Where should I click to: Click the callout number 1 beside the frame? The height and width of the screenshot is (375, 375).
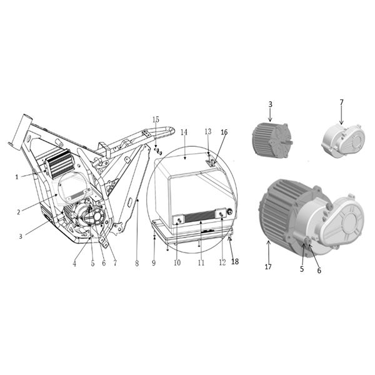tap(17, 177)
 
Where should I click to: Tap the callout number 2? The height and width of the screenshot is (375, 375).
tap(19, 212)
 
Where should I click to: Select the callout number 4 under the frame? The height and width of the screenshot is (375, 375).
tap(74, 264)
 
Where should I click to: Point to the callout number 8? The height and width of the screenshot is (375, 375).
tap(137, 264)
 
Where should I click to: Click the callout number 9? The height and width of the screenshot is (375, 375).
tap(154, 263)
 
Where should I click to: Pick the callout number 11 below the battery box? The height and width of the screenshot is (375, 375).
tap(201, 263)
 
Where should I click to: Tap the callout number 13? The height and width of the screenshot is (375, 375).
tap(208, 131)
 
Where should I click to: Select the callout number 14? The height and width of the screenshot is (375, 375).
tap(184, 132)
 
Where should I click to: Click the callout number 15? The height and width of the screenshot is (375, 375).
tap(156, 119)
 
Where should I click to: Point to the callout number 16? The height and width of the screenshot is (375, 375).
tap(224, 132)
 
